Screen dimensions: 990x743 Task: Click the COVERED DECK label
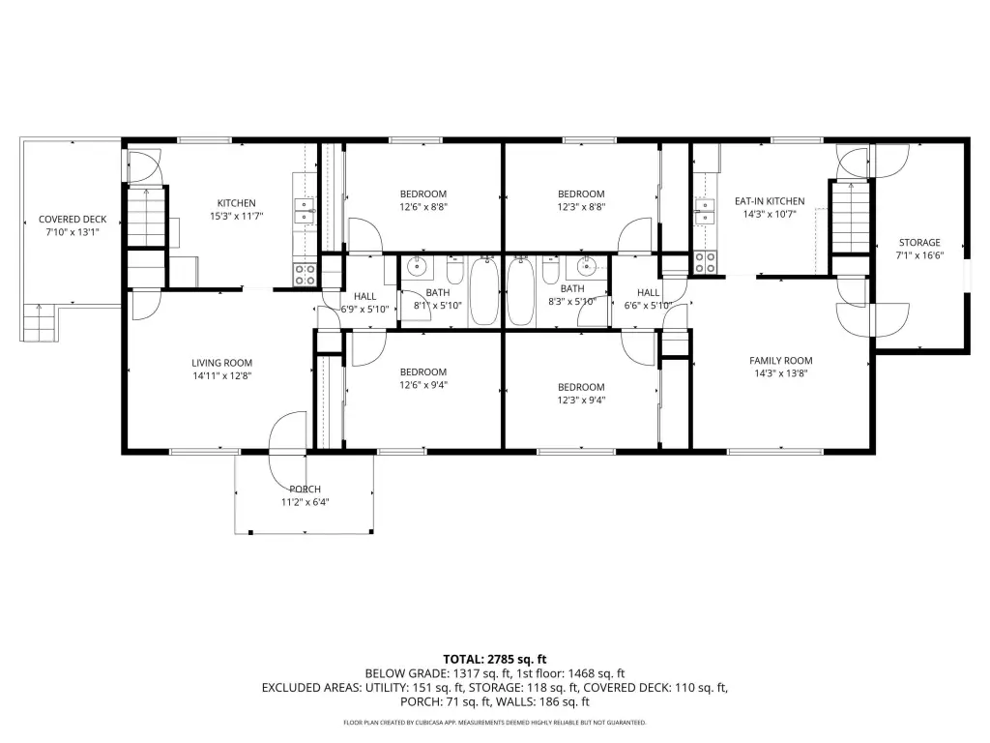point(73,220)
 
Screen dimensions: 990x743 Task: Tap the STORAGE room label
point(919,243)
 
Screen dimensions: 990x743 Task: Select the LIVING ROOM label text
point(222,363)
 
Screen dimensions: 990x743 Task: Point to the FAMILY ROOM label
point(781,360)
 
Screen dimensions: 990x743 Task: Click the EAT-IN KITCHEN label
point(770,201)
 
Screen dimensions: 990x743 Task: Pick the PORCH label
point(305,489)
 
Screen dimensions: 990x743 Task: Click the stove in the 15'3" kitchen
point(305,275)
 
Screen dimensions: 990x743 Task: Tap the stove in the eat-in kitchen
point(705,262)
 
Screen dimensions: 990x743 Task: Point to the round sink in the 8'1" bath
point(418,267)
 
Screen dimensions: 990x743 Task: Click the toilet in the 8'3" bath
point(551,271)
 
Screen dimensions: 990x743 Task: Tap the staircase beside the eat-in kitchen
point(850,218)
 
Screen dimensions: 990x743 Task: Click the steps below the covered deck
point(41,323)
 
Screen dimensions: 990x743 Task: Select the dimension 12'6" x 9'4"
point(423,385)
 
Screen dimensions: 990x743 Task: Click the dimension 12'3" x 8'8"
point(581,207)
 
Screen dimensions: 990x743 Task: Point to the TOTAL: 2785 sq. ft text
point(494,660)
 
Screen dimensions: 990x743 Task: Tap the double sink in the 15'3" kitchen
point(305,210)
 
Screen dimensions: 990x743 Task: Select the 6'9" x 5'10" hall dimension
point(364,310)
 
